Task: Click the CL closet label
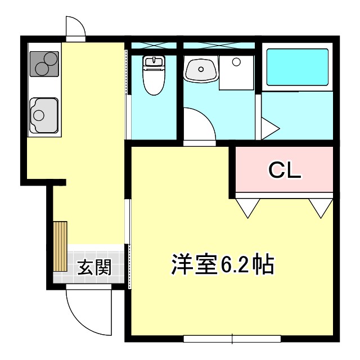(285, 170)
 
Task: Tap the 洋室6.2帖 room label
(222, 264)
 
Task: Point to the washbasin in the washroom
(200, 70)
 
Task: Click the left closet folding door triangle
(248, 206)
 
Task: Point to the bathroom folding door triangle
(268, 128)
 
